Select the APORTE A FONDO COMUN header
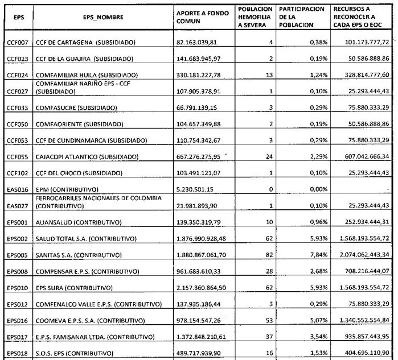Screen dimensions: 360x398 pos(202,18)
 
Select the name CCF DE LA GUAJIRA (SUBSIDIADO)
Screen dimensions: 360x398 pos(85,59)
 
